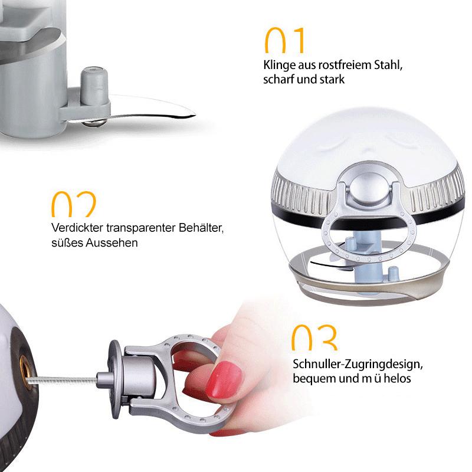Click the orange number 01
(284, 40)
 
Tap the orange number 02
(74, 204)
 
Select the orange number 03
(314, 337)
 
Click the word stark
(332, 80)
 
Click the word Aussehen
(112, 242)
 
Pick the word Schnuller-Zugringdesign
(358, 365)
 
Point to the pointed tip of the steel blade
(194, 114)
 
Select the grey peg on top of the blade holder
(94, 86)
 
